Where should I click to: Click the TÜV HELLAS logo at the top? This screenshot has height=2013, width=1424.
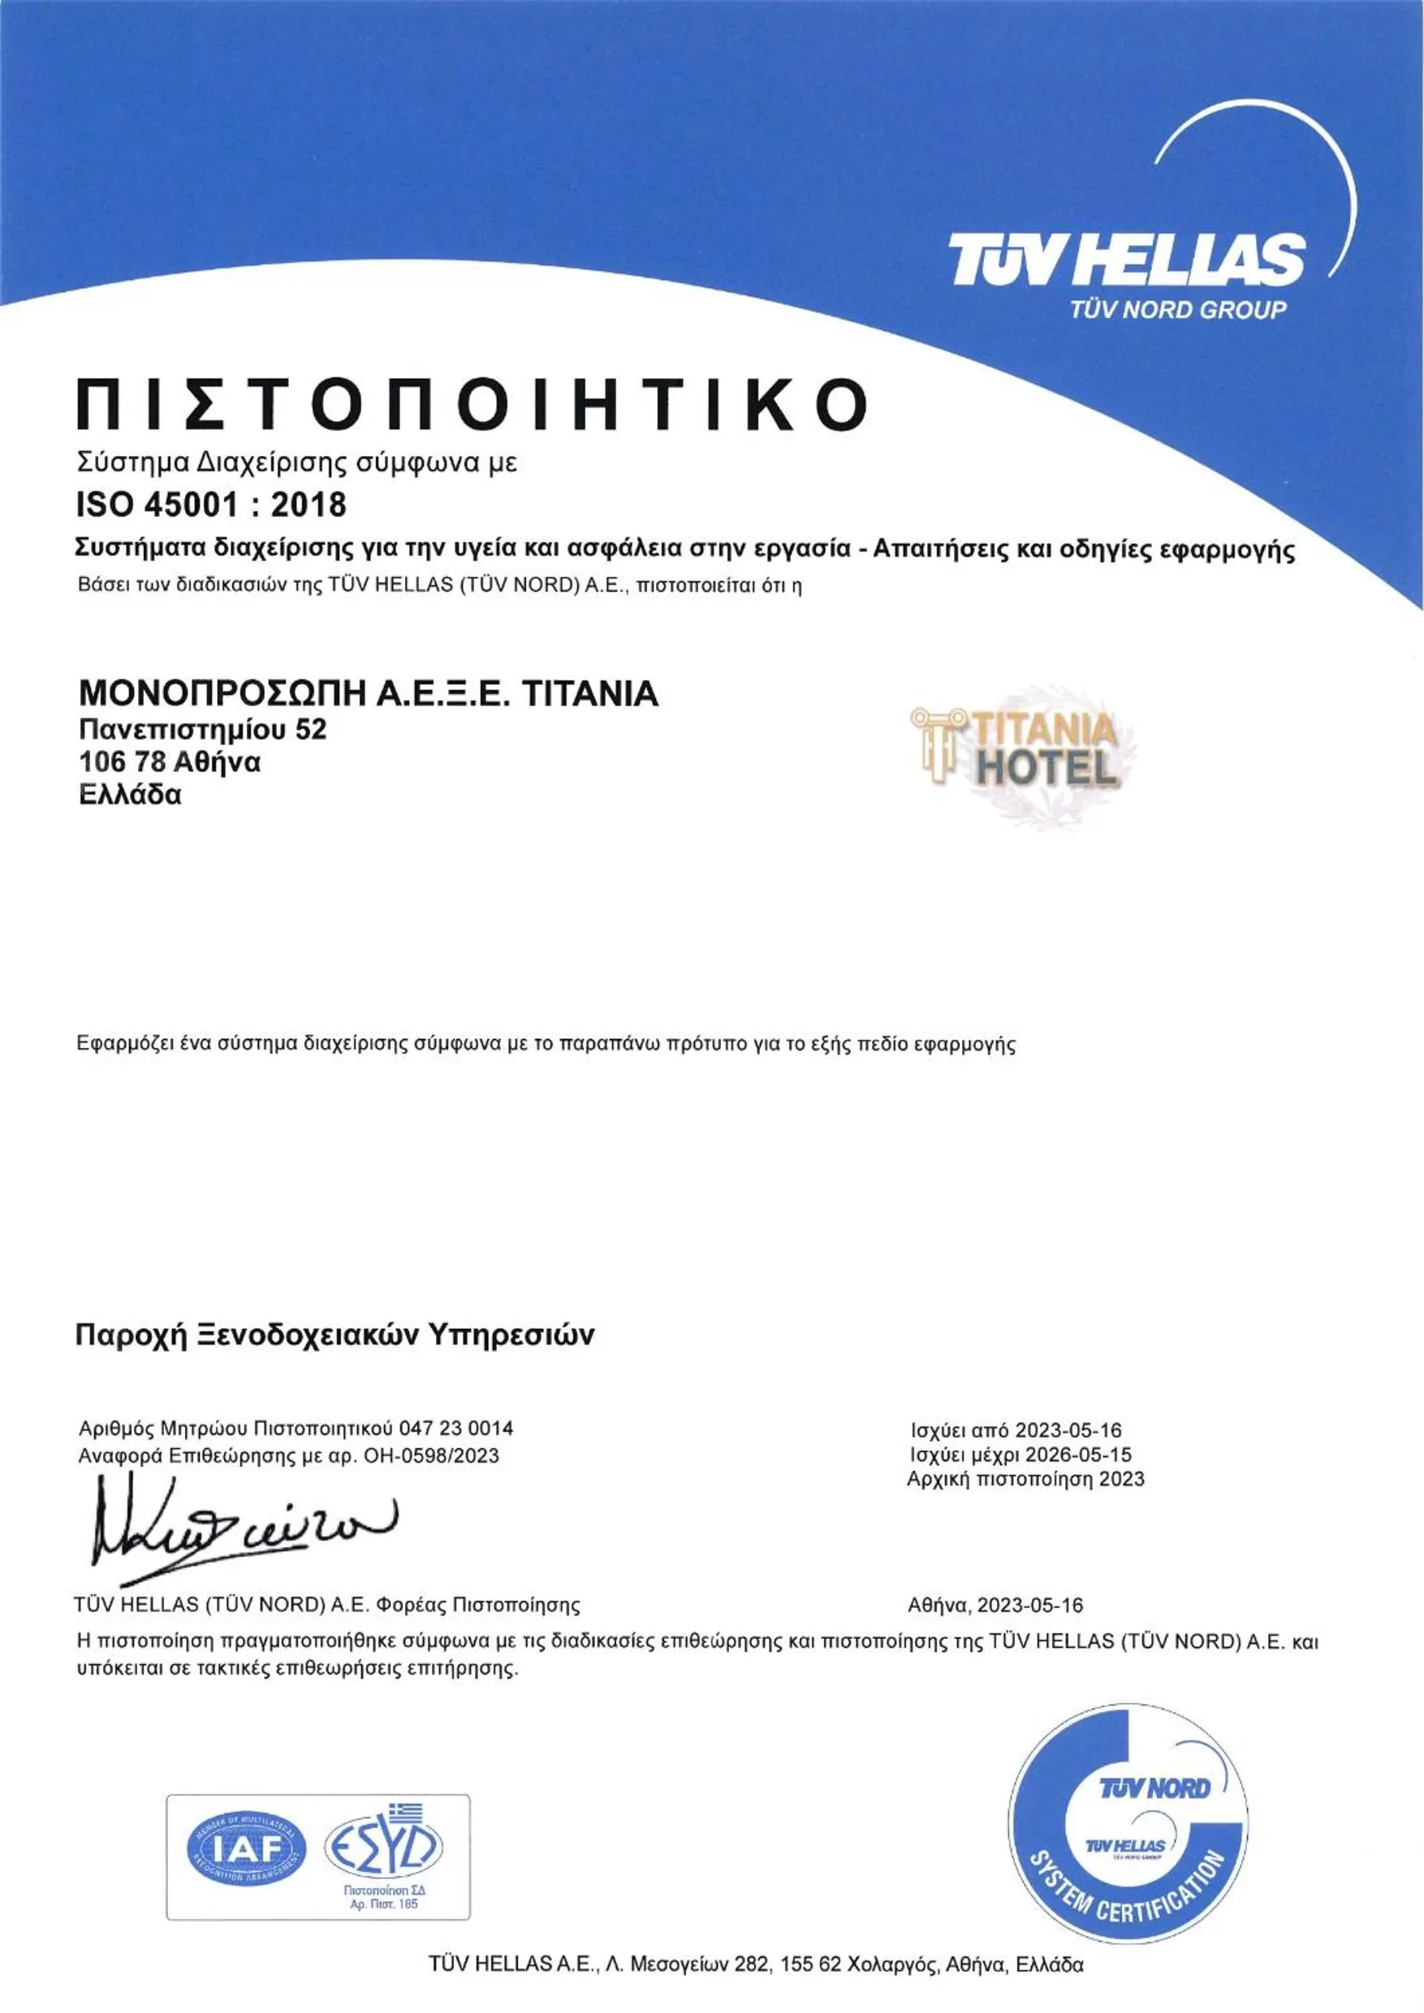pos(1127,261)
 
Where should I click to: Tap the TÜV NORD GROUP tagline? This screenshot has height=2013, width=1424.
pos(1178,308)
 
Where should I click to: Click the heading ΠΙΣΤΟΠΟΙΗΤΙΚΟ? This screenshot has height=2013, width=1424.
pos(472,404)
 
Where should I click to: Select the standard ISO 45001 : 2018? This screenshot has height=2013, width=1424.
pos(211,505)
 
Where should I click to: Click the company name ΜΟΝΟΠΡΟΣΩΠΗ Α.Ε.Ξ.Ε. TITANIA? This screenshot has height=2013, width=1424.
pos(369,693)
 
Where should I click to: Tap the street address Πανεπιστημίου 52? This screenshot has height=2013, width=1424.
pos(202,729)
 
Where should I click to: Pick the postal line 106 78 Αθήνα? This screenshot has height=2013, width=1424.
pos(170,762)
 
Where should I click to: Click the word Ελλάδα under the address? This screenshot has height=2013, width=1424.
pos(131,795)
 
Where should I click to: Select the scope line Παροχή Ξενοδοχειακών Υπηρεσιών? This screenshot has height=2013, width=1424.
pos(335,1334)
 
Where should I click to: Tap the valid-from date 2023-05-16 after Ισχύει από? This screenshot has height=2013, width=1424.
pos(1068,1431)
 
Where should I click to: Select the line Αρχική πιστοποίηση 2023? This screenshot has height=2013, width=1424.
pos(1025,1479)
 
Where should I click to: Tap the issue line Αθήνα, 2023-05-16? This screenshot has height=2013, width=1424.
pos(995,1606)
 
